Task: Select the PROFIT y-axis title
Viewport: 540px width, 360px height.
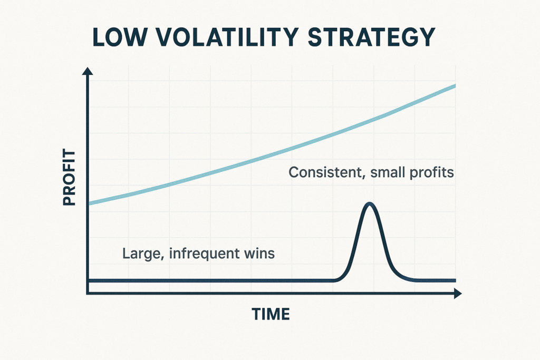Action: (x=69, y=177)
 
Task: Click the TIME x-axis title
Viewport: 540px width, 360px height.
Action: (x=271, y=314)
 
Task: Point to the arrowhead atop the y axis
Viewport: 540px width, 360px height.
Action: (x=88, y=71)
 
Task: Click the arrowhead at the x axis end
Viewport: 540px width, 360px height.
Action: (x=458, y=293)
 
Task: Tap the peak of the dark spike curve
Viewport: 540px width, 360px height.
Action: (x=370, y=203)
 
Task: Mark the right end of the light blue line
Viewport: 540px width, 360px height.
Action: (x=455, y=85)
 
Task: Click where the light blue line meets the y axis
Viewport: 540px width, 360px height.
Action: (x=89, y=203)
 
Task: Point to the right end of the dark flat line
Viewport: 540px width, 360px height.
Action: (x=455, y=280)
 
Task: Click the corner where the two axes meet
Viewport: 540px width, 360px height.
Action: (x=88, y=293)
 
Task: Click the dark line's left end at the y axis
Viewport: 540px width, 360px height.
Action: (x=89, y=280)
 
